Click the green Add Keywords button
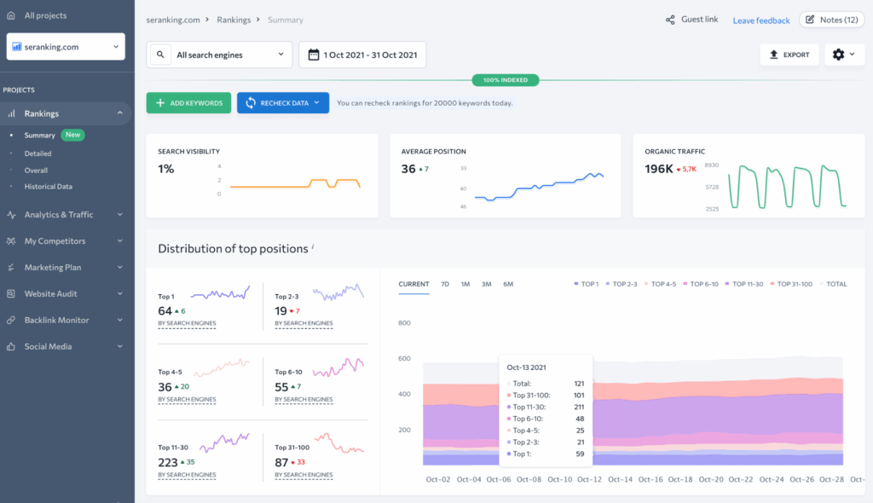pos(188,103)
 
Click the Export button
pos(789,55)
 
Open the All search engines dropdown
pos(220,55)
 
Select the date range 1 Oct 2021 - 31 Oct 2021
pos(362,55)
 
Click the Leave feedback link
pos(761,20)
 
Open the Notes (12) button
pos(831,20)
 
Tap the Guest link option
pos(691,20)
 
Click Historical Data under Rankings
pos(48,187)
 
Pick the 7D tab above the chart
pos(445,284)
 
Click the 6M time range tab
pos(508,284)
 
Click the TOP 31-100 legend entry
pos(792,284)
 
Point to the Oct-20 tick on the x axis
pos(711,480)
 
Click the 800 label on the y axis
pos(404,323)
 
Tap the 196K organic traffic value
pos(659,169)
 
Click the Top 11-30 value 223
pos(169,462)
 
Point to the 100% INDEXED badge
pos(506,80)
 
